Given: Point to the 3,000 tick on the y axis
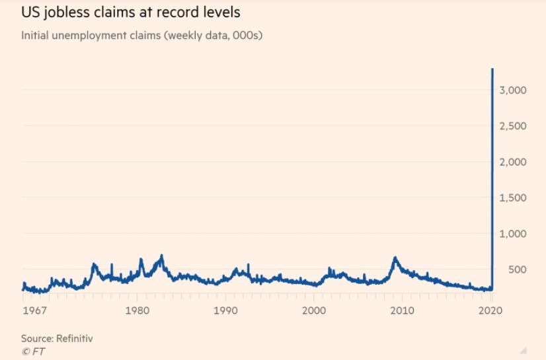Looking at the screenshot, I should [x=513, y=90].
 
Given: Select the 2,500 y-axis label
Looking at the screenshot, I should [x=513, y=126].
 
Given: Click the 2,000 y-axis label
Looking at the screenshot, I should [x=513, y=162].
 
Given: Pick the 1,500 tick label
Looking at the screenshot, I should [x=513, y=198].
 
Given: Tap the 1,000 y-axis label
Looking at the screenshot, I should [x=513, y=234].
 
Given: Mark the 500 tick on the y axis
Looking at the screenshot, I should [x=517, y=270].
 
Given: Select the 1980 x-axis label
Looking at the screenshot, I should [x=137, y=310].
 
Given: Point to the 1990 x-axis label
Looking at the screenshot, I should [x=225, y=310].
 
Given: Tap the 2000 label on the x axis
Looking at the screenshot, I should [x=314, y=310].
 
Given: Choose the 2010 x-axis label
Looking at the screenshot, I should [x=403, y=310].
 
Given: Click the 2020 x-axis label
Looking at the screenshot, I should [x=490, y=310].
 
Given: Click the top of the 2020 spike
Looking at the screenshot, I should [x=492, y=69].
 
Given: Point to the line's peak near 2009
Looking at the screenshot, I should [x=395, y=258].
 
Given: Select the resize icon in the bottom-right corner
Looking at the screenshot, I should [x=524, y=349].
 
